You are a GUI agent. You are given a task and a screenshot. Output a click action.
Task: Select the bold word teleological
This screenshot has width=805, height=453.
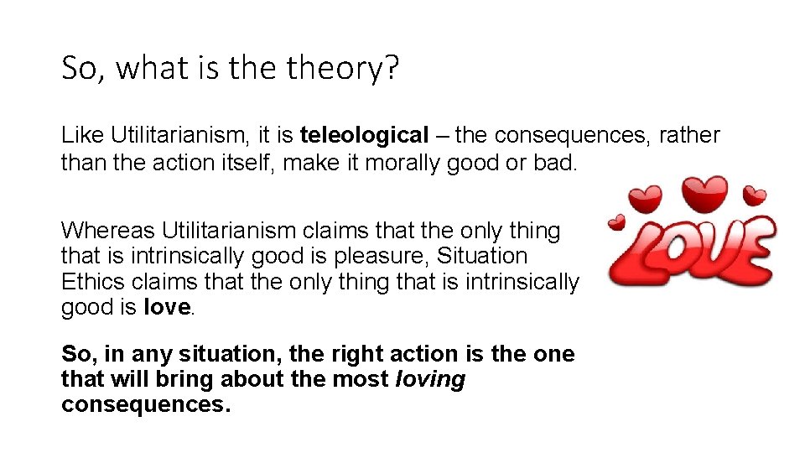[364, 135]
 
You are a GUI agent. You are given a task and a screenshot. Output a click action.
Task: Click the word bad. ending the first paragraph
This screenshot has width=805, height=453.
[555, 162]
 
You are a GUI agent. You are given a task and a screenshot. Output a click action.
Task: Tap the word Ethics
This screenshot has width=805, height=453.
[92, 282]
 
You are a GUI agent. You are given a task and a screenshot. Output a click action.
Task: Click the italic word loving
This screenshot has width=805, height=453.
[429, 380]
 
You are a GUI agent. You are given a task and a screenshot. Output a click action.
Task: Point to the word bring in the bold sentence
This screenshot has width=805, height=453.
[185, 380]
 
